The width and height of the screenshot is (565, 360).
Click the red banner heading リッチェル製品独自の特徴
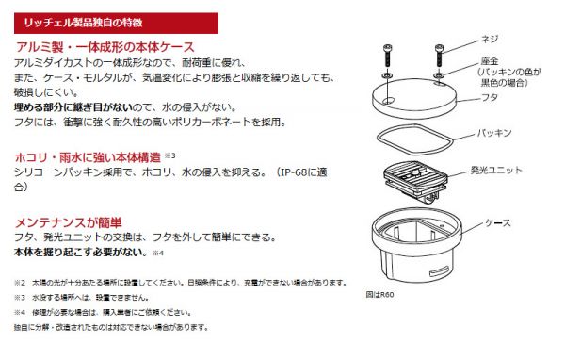point(83,23)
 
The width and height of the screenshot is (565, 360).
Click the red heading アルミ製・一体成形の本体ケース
point(105,47)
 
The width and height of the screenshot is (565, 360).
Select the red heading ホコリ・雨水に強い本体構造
point(88,157)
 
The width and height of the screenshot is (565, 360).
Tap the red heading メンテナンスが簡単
point(69,222)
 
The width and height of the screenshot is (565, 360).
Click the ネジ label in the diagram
point(490,39)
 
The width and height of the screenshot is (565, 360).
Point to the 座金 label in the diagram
point(490,61)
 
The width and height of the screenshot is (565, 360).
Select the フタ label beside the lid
point(490,97)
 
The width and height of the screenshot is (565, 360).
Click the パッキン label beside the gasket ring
point(494,133)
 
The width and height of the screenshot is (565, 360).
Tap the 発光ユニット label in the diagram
point(496,171)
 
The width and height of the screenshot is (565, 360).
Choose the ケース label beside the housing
point(498,223)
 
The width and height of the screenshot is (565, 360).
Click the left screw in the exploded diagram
point(387,56)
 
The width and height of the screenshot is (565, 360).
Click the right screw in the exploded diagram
point(439,56)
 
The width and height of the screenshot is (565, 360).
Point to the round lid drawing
point(414,98)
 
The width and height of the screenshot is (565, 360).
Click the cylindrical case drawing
point(417,245)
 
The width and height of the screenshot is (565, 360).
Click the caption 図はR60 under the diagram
point(379,295)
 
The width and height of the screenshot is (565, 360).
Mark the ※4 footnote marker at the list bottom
point(20,312)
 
